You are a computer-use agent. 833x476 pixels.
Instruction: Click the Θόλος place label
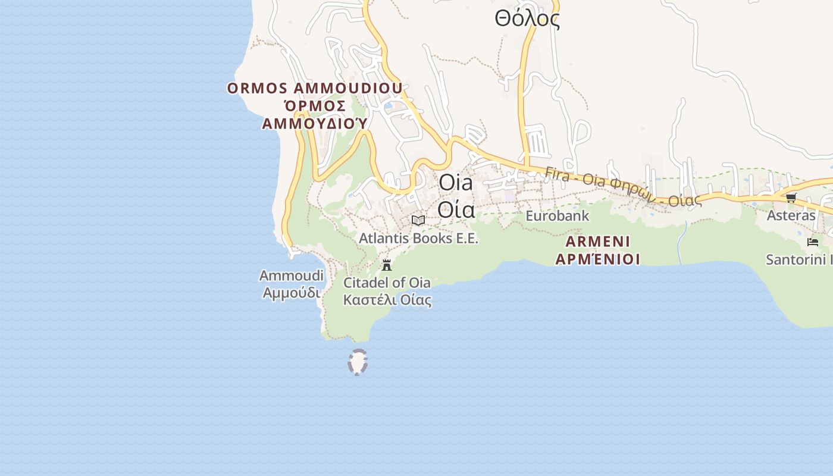[x=527, y=19]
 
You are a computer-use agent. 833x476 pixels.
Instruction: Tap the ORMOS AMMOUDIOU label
[x=315, y=89]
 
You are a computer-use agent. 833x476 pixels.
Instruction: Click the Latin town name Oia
[x=456, y=183]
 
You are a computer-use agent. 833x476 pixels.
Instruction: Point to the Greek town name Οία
[x=456, y=209]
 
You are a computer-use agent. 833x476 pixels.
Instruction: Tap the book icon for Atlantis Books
[x=418, y=220]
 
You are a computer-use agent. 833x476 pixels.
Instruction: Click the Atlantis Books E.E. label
[x=418, y=239]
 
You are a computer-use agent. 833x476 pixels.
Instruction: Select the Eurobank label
[x=558, y=215]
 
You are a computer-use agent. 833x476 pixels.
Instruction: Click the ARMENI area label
[x=598, y=242]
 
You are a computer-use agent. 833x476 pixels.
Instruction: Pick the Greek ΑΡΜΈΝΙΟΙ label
[x=598, y=259]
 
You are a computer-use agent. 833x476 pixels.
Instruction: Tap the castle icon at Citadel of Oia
[x=387, y=265]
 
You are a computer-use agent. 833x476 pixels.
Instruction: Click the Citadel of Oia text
[x=387, y=282]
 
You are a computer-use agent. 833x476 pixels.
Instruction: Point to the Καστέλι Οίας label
[x=387, y=299]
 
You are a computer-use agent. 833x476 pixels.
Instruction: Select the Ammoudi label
[x=292, y=275]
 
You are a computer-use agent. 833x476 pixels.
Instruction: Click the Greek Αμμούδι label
[x=292, y=293]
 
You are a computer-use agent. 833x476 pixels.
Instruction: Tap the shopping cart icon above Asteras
[x=791, y=198]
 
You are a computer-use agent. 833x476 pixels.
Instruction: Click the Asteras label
[x=791, y=215]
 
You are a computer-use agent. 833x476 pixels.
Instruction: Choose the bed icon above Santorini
[x=813, y=242]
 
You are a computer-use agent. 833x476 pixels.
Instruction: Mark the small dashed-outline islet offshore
[x=358, y=362]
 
